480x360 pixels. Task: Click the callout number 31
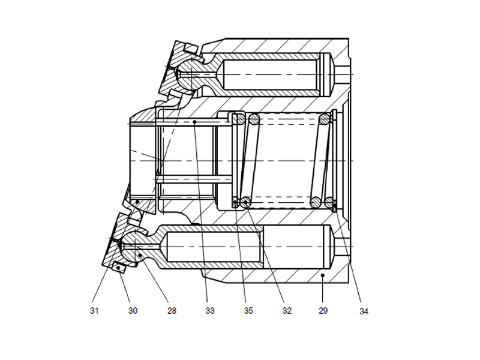pyautogui.click(x=94, y=311)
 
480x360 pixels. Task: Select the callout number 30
pyautogui.click(x=133, y=311)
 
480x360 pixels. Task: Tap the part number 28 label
pyautogui.click(x=172, y=311)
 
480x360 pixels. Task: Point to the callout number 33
pyautogui.click(x=209, y=311)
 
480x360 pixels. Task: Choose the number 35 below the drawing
pyautogui.click(x=248, y=311)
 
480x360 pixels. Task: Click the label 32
pyautogui.click(x=287, y=311)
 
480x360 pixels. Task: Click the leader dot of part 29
pyautogui.click(x=322, y=275)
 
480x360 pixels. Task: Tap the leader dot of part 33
pyautogui.click(x=196, y=122)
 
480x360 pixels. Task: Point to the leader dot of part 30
pyautogui.click(x=118, y=266)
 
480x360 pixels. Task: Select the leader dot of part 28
pyautogui.click(x=140, y=255)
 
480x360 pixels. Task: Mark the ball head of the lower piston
pyautogui.click(x=134, y=242)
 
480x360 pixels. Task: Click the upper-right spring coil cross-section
pyautogui.click(x=325, y=120)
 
